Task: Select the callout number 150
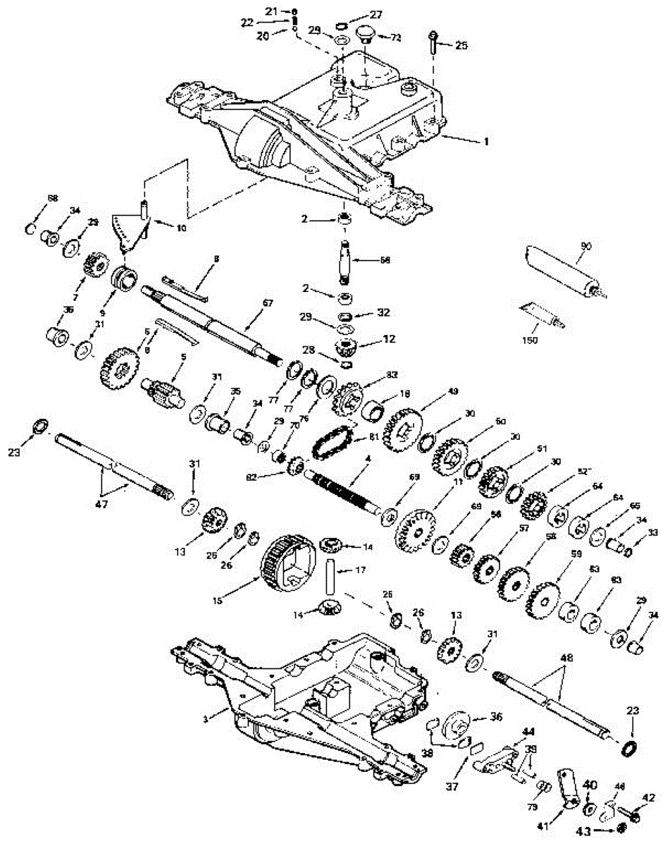(x=530, y=340)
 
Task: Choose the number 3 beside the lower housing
(x=206, y=718)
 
